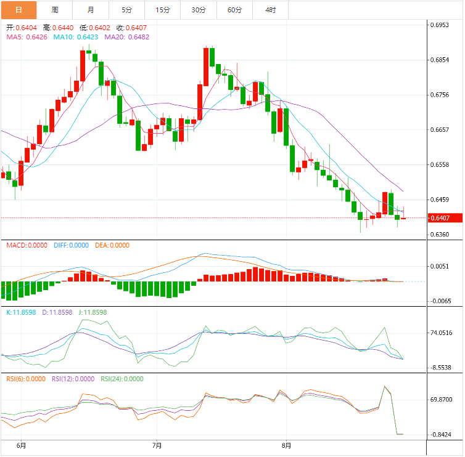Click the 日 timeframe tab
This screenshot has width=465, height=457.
(19, 10)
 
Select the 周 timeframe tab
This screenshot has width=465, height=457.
(55, 10)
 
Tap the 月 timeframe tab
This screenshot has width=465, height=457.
(91, 10)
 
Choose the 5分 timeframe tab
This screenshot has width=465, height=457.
(127, 10)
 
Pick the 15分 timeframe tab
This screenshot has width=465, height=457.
(163, 10)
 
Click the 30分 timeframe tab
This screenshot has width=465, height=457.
(199, 10)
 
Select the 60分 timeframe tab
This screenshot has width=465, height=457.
(234, 10)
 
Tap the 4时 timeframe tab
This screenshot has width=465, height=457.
(271, 10)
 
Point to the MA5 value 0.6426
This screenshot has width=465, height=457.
(36, 37)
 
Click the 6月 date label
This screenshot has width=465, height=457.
(21, 445)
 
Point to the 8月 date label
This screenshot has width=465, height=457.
(286, 445)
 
